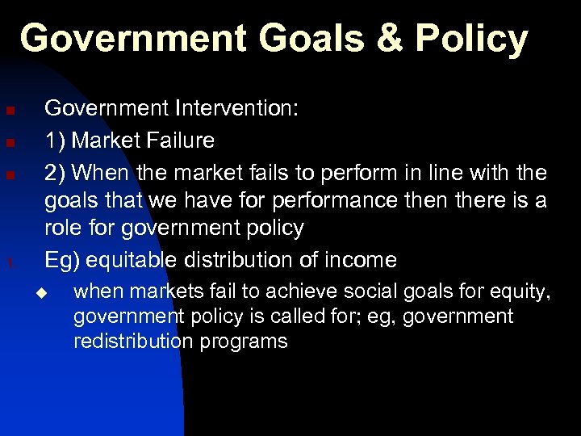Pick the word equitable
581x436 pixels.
[134, 260]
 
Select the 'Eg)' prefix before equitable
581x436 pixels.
[61, 260]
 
